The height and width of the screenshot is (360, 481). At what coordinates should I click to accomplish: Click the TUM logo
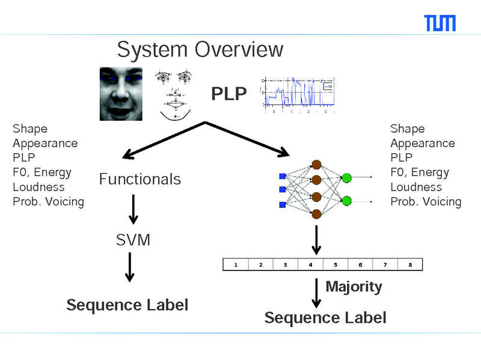click(440, 23)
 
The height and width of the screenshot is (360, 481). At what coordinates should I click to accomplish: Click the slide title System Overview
click(200, 49)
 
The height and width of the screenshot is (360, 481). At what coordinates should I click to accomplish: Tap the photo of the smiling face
click(120, 93)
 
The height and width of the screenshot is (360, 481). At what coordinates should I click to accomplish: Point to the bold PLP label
click(228, 94)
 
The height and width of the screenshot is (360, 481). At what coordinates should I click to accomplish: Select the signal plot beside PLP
click(298, 95)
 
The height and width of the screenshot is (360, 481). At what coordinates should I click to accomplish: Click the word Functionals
click(139, 179)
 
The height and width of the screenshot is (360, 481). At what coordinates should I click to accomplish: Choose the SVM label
click(133, 240)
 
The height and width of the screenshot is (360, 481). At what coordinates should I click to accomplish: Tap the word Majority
click(354, 287)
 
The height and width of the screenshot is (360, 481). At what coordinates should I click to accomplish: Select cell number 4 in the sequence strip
click(310, 264)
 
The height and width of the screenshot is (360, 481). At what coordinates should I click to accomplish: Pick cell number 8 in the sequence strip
click(409, 264)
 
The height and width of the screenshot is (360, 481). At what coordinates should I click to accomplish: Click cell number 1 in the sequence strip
click(236, 264)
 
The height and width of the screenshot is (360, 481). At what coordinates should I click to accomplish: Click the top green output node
click(346, 177)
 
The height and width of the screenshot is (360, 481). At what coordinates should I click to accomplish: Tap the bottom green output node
click(346, 201)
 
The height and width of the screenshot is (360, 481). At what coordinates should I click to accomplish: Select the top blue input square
click(282, 176)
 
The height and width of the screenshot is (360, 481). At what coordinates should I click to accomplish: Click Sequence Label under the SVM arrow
click(127, 305)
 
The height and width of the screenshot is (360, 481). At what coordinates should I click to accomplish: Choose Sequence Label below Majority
click(325, 318)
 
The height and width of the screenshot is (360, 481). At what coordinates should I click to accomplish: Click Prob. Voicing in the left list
click(48, 201)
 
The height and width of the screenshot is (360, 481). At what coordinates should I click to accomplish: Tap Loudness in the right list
click(416, 187)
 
